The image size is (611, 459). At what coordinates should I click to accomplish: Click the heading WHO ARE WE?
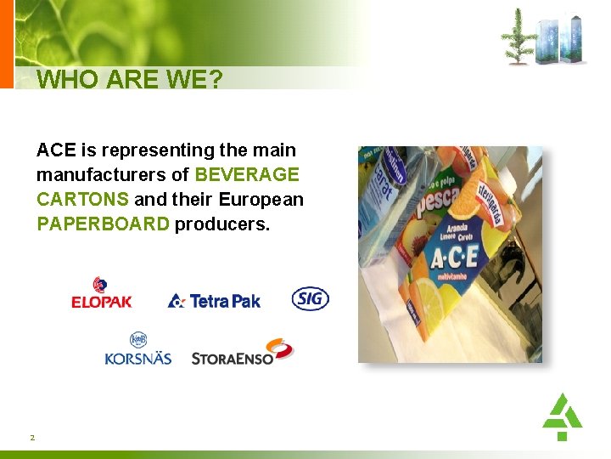click(x=130, y=80)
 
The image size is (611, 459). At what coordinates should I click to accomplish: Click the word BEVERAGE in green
click(x=247, y=175)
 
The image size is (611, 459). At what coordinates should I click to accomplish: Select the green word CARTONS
click(x=82, y=200)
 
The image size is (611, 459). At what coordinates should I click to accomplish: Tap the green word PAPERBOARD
click(x=103, y=224)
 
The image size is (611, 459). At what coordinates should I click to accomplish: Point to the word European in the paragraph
click(x=261, y=200)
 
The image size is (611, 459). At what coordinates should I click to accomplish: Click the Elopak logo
click(x=101, y=293)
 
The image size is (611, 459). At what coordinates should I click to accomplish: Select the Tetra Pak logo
click(x=214, y=300)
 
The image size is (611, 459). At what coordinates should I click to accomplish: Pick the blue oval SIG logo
click(x=310, y=298)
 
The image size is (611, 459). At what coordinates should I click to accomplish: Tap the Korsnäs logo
click(x=137, y=348)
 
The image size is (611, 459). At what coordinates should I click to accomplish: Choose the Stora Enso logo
click(x=242, y=352)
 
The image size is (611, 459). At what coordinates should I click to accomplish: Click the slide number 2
click(x=32, y=437)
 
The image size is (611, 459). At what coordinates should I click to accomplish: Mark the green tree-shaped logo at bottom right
click(x=562, y=416)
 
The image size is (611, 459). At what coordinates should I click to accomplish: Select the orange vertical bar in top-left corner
click(x=7, y=43)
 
